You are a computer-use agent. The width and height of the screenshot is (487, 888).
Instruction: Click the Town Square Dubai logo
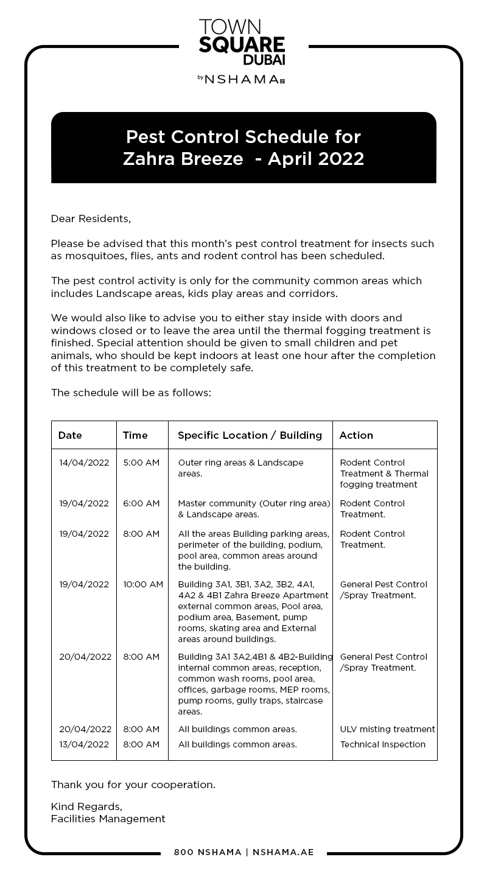point(242,43)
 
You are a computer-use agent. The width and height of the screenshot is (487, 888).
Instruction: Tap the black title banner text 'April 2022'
point(315,159)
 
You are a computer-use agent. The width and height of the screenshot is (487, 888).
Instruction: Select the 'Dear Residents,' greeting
point(91,219)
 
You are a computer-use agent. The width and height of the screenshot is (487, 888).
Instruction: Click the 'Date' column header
point(70,435)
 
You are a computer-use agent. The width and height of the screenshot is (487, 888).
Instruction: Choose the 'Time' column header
point(135,435)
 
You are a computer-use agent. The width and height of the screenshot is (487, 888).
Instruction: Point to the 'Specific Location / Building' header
point(250,435)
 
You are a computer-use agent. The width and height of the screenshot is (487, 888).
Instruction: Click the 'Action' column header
point(356,435)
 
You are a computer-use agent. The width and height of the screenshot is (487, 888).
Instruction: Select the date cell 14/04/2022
point(84,463)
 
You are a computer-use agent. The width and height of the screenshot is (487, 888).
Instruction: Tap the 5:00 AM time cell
point(141,463)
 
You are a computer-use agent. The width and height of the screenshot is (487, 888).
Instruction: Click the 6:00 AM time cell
point(141,503)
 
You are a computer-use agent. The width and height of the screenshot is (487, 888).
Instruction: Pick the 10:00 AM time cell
point(143,584)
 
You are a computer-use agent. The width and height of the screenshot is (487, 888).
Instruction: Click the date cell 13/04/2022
point(84,744)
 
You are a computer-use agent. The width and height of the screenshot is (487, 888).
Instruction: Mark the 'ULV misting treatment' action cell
point(387,729)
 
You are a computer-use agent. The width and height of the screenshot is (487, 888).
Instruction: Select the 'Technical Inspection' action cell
point(383,744)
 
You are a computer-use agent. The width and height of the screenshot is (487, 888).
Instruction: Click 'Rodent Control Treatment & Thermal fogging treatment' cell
point(384,474)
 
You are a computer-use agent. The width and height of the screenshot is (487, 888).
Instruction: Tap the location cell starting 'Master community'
point(254,509)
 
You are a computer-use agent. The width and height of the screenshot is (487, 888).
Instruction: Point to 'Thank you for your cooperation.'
point(133,785)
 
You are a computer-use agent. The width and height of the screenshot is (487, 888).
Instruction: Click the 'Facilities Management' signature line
point(108,819)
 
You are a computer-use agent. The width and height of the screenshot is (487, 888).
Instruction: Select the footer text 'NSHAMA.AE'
point(283,852)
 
